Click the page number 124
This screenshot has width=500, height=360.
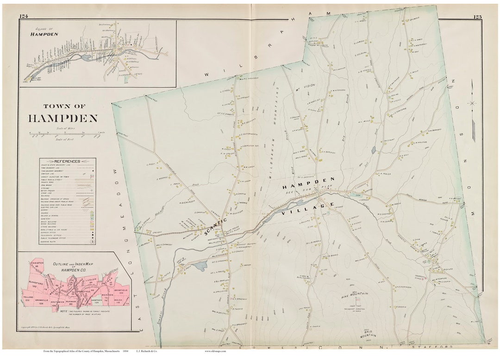[x=23, y=17]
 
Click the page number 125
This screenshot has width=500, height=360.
[x=477, y=17]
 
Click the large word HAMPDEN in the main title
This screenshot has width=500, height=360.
[x=63, y=118]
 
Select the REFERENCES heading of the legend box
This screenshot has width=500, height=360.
[x=68, y=161]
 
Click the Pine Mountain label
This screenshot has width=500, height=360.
[x=355, y=294]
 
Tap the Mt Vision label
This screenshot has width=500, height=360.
[x=305, y=85]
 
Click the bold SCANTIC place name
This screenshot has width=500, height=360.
[x=214, y=227]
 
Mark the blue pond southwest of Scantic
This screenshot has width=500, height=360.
[x=200, y=265]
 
